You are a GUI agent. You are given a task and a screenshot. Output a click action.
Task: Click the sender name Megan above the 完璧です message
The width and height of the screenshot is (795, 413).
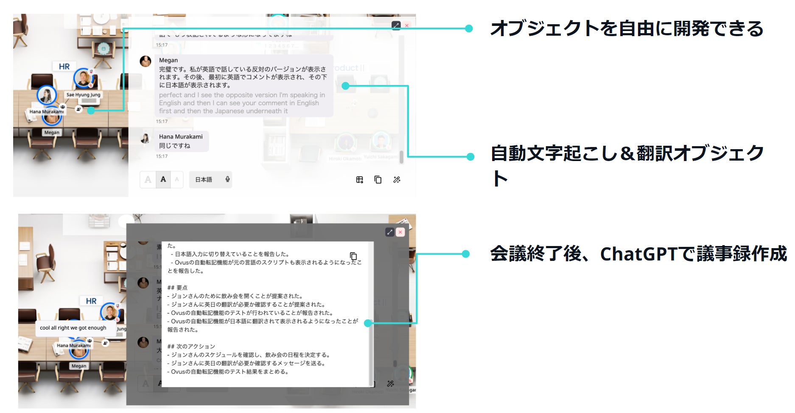tap(168, 60)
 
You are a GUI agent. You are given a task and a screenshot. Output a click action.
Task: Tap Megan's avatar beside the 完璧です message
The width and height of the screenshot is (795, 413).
tap(146, 61)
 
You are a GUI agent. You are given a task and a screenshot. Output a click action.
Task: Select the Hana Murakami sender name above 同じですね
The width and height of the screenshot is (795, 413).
tap(181, 136)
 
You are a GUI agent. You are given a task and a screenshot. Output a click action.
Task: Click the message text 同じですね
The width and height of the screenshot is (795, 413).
tap(175, 146)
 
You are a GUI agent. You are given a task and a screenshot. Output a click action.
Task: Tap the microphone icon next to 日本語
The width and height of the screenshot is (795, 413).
tap(227, 179)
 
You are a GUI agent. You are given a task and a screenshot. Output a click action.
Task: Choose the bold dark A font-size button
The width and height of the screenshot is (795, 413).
tap(163, 179)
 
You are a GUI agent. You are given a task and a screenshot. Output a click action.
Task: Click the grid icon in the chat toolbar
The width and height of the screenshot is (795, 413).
tap(359, 180)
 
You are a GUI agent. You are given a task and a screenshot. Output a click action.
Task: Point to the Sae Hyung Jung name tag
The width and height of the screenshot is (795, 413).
tap(84, 95)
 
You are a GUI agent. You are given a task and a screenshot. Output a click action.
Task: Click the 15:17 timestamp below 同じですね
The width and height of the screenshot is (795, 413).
tap(162, 156)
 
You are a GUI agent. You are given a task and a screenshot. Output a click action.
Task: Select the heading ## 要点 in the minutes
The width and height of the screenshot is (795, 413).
tap(177, 288)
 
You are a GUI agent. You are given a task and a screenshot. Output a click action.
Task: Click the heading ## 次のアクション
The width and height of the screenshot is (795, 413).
tap(191, 346)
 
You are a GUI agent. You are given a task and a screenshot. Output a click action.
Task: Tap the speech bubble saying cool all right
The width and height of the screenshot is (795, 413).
tap(73, 328)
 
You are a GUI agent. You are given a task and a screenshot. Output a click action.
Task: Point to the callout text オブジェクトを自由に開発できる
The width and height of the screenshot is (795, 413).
tap(627, 29)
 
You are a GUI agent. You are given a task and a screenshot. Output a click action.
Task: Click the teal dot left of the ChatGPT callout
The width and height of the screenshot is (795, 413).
tap(466, 254)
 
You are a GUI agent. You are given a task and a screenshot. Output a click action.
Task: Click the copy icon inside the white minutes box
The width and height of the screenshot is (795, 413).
tap(353, 256)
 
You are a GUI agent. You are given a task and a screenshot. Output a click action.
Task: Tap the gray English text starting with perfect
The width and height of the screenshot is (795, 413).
tap(242, 103)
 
